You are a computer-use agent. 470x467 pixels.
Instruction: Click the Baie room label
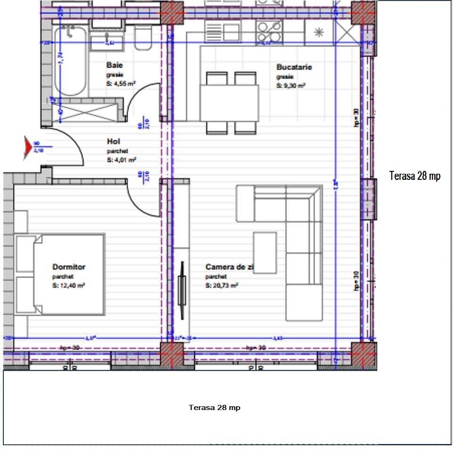tap(114, 65)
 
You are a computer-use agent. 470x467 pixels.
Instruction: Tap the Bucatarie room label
tap(294, 67)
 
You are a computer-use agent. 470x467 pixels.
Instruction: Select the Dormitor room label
tap(69, 267)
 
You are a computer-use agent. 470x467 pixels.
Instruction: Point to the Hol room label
tap(113, 141)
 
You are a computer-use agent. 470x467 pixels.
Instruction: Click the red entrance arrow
tap(28, 147)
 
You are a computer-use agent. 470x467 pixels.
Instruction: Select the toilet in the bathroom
tap(143, 38)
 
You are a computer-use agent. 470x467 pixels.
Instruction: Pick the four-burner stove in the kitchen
tap(269, 32)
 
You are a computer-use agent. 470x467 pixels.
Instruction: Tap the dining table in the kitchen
tap(229, 103)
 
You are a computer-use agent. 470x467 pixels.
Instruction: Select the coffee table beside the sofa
tap(265, 252)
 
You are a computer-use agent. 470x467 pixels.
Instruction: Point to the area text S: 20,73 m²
tap(221, 286)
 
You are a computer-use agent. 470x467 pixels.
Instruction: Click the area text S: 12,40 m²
tap(69, 286)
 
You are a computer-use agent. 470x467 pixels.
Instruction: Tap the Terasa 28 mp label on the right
tap(415, 176)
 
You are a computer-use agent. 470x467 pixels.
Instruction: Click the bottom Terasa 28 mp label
tap(214, 407)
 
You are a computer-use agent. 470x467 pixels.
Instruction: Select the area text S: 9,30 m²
tap(291, 86)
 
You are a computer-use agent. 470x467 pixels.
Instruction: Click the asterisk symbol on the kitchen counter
tap(319, 32)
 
